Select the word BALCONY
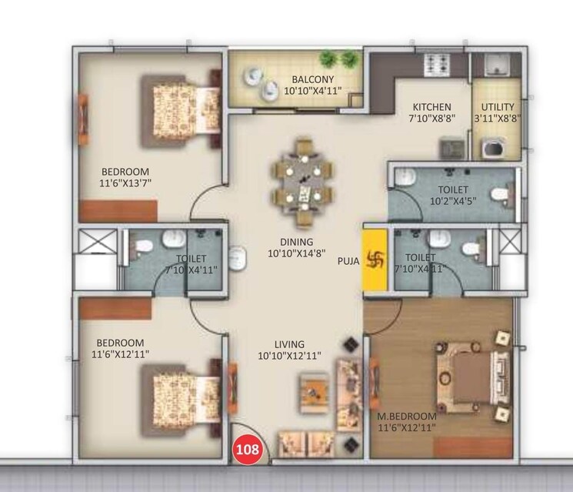[x=311, y=79]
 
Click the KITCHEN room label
[x=431, y=107]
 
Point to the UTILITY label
[x=498, y=107]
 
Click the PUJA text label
[x=348, y=260]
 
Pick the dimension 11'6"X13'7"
[x=125, y=183]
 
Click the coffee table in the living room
[x=314, y=390]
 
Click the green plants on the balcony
[x=339, y=59]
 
